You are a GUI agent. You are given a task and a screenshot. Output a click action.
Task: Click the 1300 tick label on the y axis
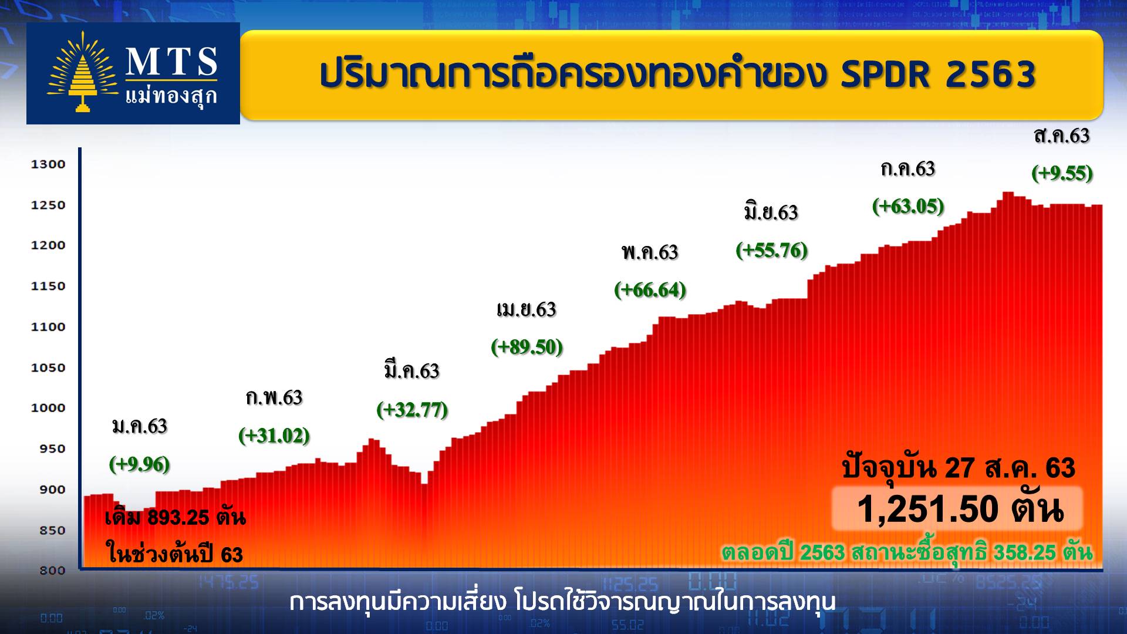(48, 164)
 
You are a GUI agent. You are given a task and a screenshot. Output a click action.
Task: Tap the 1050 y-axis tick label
(48, 367)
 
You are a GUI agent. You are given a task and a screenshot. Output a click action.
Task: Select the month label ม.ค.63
(140, 426)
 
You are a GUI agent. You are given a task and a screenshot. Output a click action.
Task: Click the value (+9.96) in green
(140, 464)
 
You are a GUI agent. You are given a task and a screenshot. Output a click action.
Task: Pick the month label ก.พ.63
(274, 397)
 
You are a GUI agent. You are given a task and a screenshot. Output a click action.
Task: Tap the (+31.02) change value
(274, 436)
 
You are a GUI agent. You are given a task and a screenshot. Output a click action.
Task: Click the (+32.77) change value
(412, 409)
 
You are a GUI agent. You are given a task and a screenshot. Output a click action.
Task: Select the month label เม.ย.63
(527, 309)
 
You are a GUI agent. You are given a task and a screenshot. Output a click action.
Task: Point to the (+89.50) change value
(527, 347)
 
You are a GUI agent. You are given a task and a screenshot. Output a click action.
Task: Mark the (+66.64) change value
(650, 289)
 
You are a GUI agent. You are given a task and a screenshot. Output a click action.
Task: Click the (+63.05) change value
(908, 206)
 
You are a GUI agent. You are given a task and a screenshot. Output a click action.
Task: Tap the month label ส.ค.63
(1062, 136)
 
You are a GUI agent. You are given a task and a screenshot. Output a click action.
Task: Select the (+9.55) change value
(1062, 173)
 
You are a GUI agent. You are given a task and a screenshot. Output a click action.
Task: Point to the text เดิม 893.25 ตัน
(175, 517)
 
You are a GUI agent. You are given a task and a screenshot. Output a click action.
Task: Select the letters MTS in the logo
(172, 62)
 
